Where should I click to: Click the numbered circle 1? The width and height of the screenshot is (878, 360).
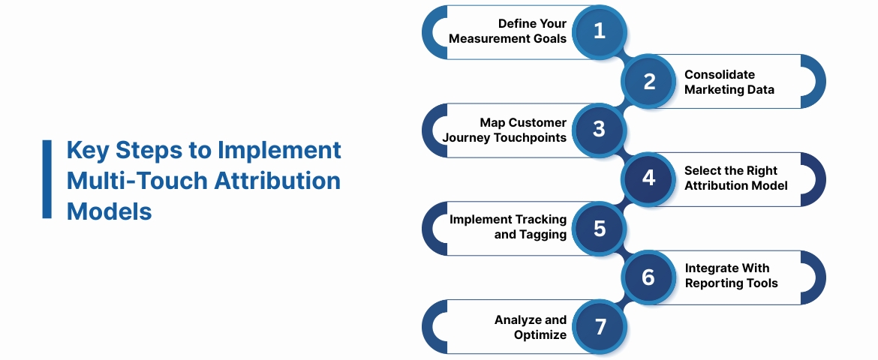[599, 31]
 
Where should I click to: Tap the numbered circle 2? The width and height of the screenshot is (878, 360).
[649, 81]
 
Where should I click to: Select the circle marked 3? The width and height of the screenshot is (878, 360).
[599, 130]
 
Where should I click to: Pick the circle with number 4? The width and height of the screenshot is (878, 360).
[649, 178]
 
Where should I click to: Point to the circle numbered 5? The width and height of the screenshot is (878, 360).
[599, 228]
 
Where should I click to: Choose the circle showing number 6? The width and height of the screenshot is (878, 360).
[649, 277]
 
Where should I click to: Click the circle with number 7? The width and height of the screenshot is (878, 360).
[599, 326]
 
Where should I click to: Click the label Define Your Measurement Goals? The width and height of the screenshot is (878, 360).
[508, 31]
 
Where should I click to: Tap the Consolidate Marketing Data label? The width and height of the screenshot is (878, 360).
[729, 82]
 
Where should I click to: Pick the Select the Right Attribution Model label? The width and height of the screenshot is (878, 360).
[736, 178]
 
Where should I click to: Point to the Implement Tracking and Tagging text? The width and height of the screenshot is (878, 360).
[508, 227]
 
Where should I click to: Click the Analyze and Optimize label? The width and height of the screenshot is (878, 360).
[531, 327]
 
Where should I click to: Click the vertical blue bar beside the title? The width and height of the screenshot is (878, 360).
[47, 179]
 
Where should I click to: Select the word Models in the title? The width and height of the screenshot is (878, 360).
[110, 211]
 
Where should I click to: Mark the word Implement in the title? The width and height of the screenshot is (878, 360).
[279, 150]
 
